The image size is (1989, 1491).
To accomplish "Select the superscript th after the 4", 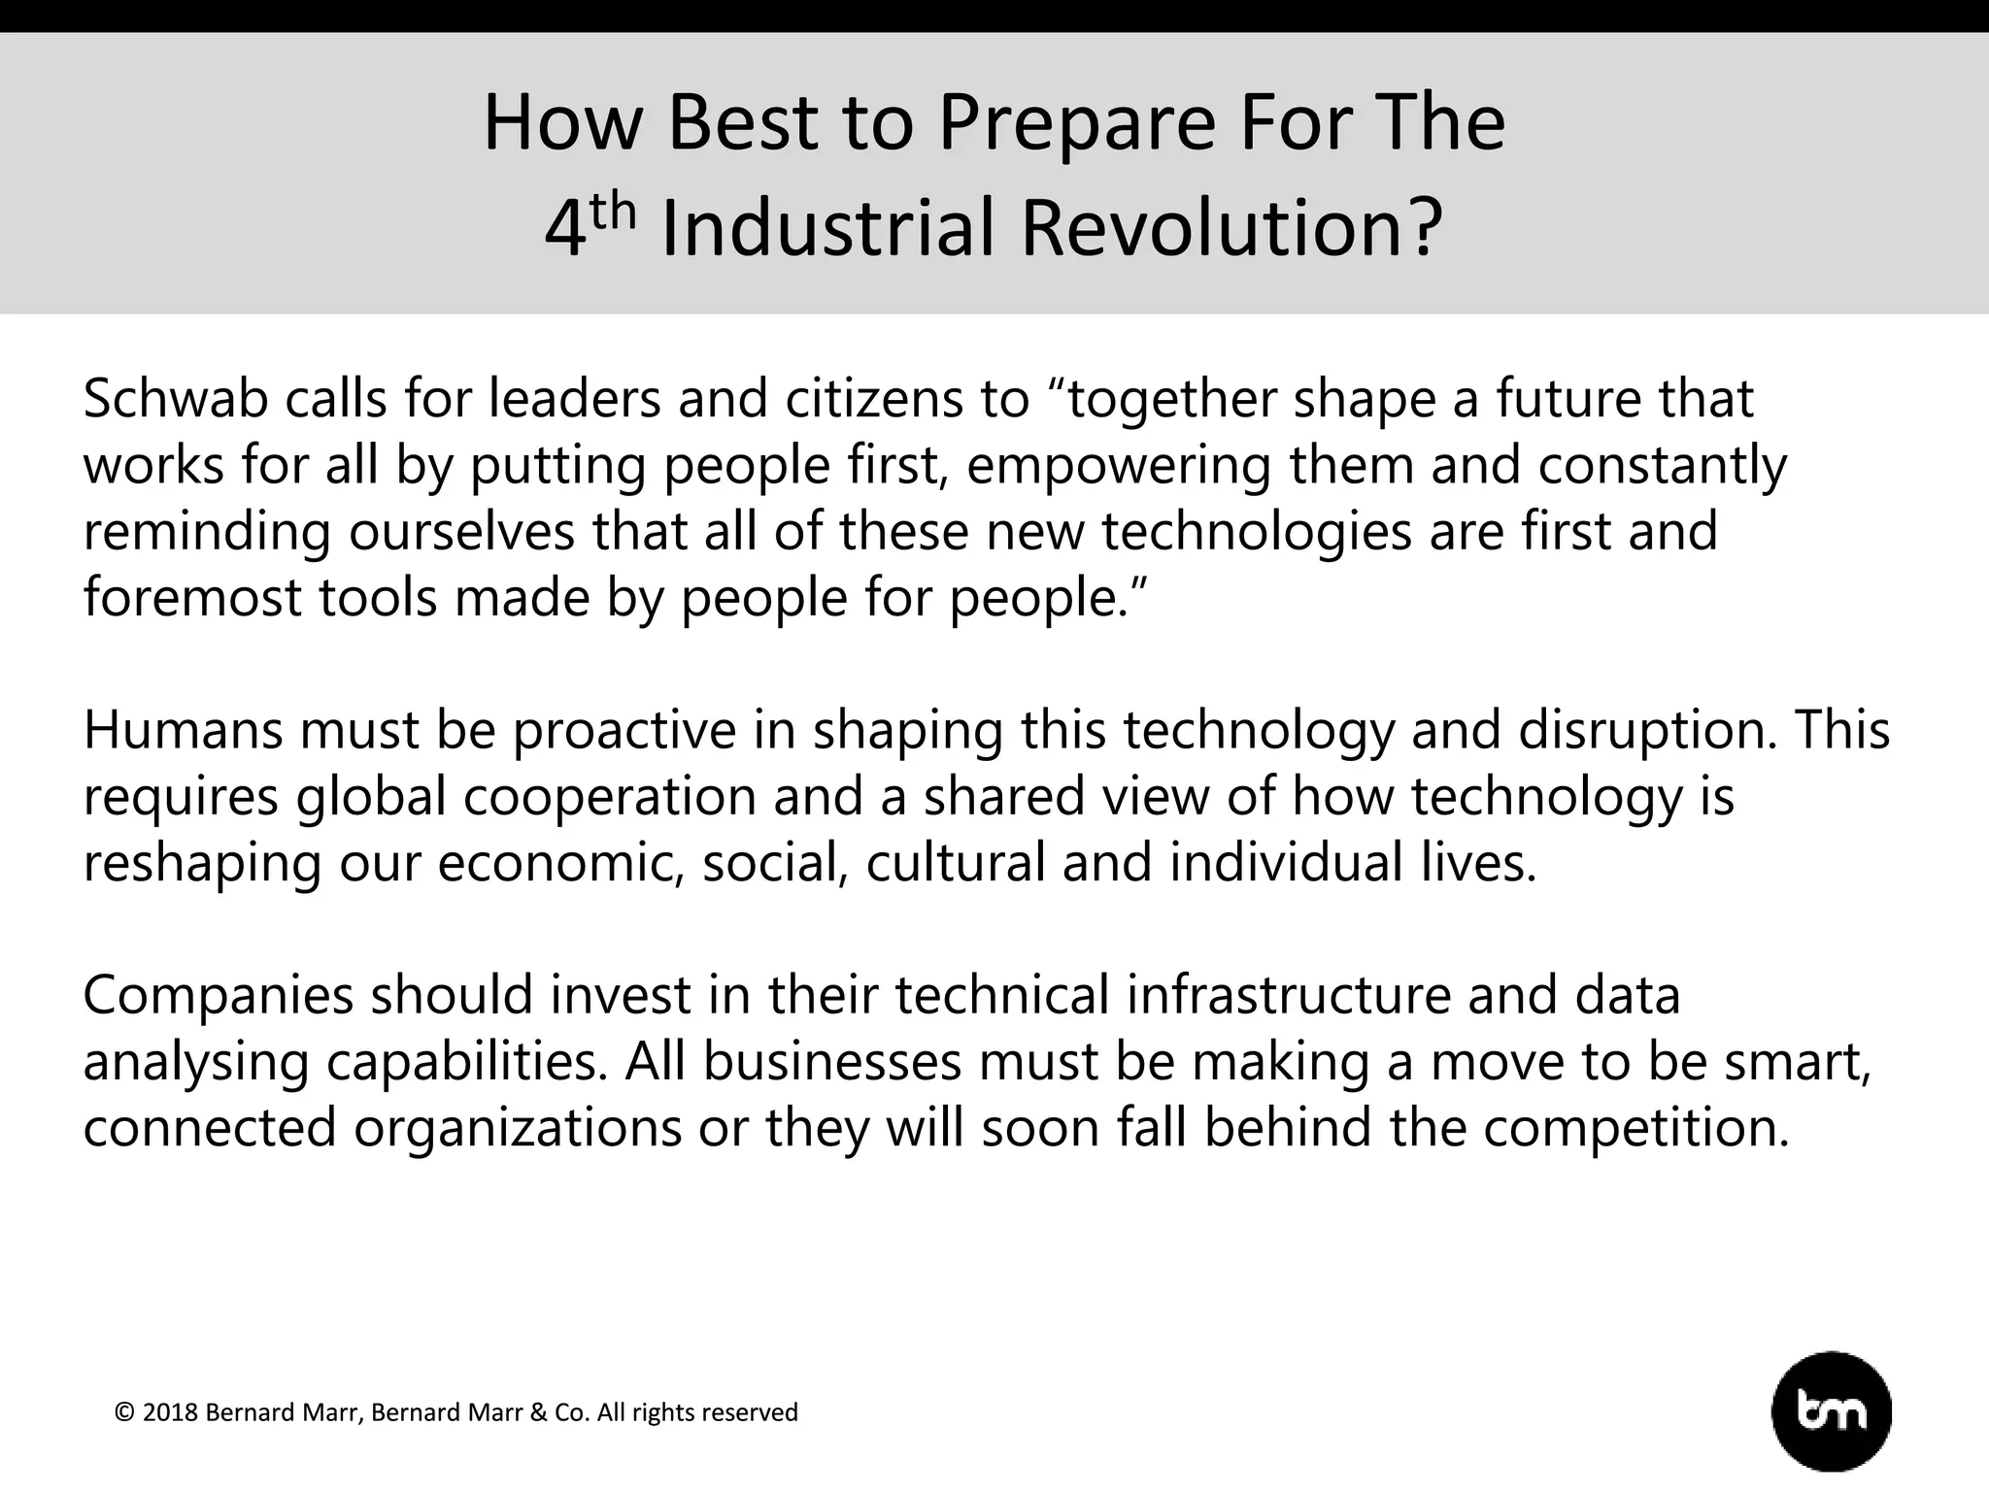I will tap(613, 211).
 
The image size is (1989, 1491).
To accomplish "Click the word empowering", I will tap(1118, 466).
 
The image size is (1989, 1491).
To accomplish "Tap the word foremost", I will tap(192, 597).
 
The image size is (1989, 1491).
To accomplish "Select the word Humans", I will tap(183, 730).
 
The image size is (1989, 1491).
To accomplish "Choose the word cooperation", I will tap(609, 797).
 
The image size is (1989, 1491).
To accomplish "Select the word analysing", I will tap(195, 1062).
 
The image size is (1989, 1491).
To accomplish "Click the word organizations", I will tap(517, 1128).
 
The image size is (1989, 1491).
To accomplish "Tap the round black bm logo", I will tap(1831, 1411).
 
